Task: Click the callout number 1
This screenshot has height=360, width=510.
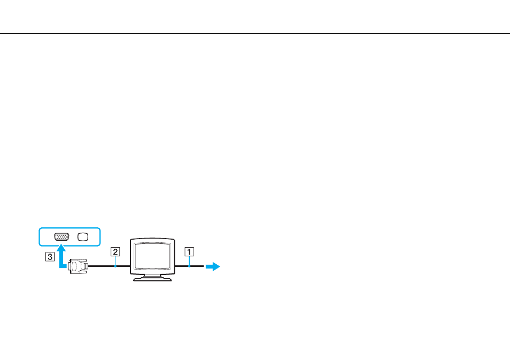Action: (189, 251)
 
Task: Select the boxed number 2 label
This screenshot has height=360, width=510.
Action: (115, 251)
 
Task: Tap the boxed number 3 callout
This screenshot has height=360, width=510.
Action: (50, 256)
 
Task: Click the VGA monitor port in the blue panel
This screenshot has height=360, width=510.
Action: (61, 237)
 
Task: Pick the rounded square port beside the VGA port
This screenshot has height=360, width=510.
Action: (83, 237)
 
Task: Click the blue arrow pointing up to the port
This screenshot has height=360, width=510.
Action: (61, 258)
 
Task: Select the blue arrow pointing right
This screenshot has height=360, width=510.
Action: (213, 266)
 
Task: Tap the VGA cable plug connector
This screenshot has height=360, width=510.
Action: (78, 266)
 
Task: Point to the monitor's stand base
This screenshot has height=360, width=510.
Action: (152, 279)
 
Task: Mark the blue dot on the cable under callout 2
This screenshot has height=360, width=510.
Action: (115, 266)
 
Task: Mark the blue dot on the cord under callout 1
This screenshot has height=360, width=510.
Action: (189, 266)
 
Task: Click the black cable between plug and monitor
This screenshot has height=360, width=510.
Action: (109, 266)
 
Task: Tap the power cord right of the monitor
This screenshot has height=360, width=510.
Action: (189, 266)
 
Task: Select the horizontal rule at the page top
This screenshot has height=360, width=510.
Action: (255, 33)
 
